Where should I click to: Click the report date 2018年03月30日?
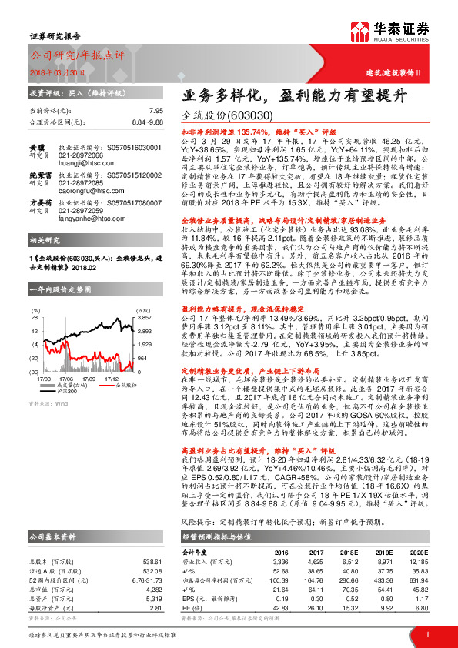[x=56, y=72]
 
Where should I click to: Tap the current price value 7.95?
[x=156, y=110]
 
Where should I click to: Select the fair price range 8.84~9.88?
[x=146, y=122]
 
